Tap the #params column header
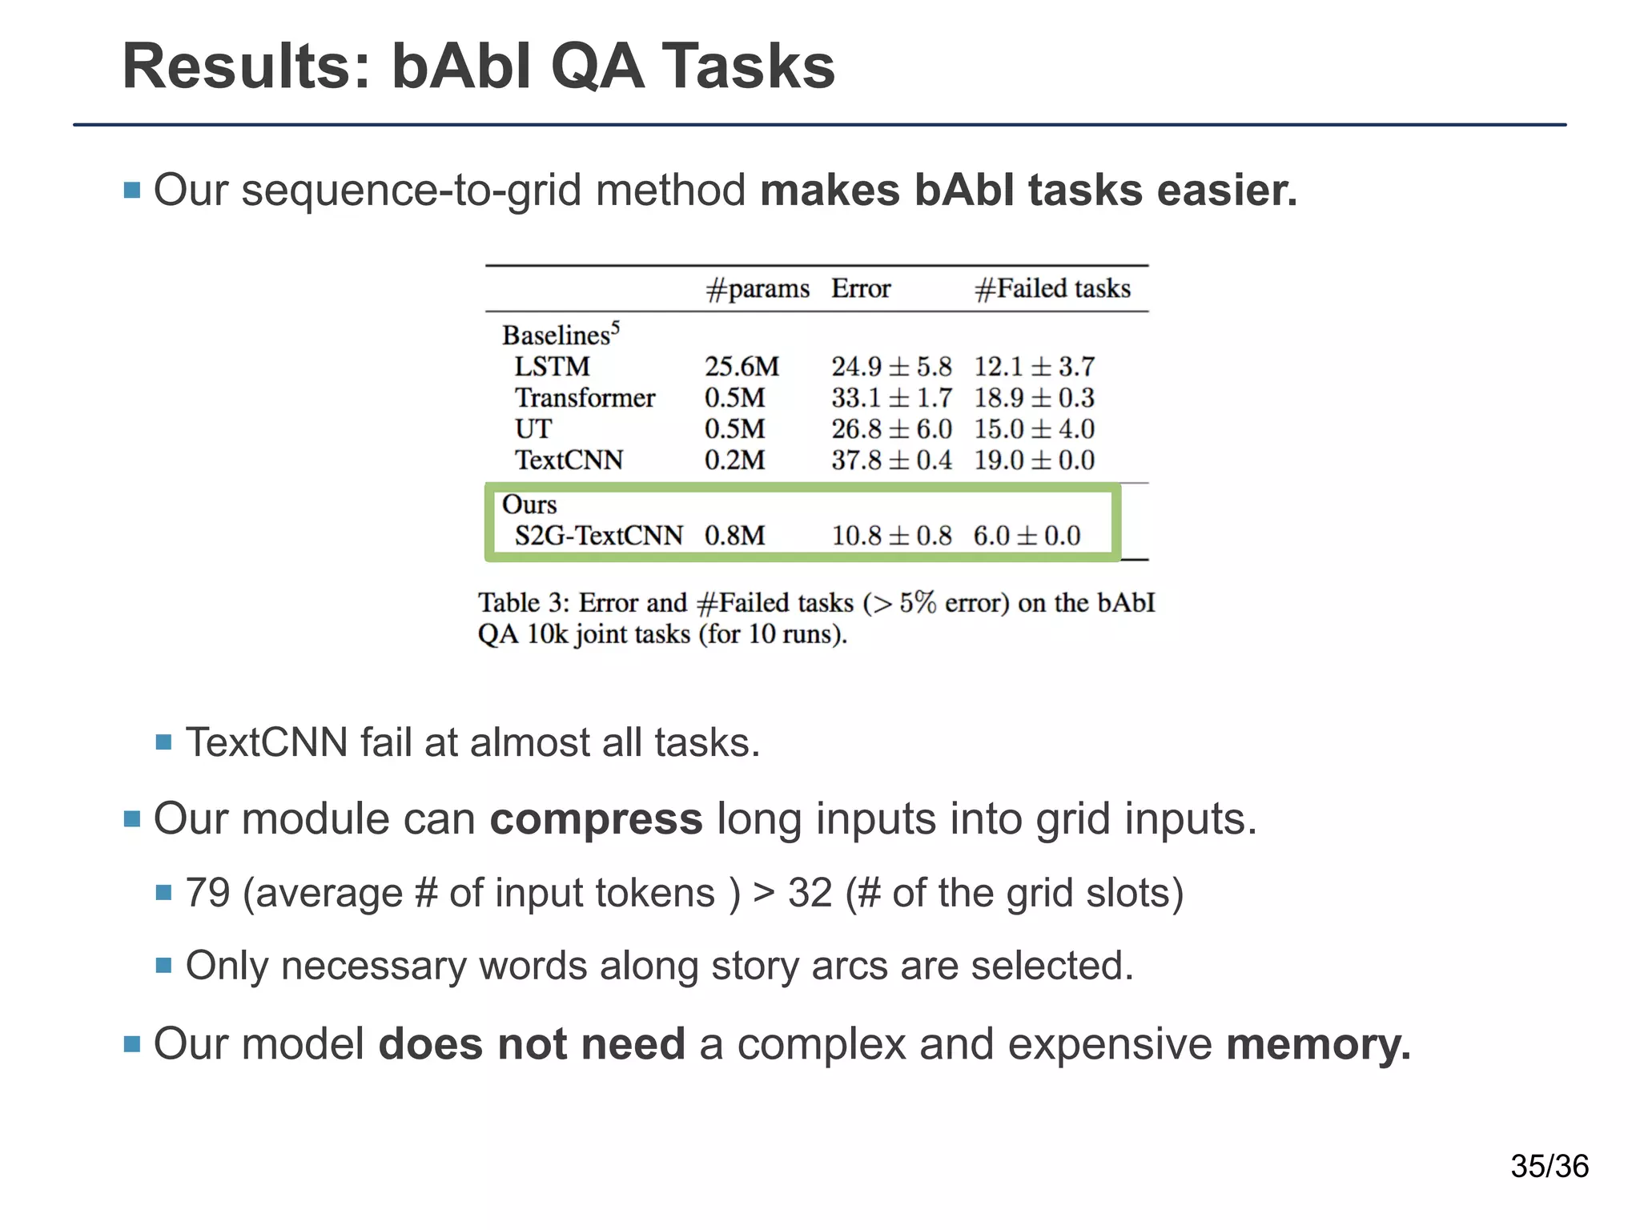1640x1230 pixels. [757, 288]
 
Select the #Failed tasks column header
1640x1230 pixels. [1052, 288]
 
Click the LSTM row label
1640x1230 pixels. [552, 367]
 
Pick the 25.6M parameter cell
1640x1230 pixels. [742, 367]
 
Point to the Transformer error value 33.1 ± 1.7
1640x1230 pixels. [891, 398]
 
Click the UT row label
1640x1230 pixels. [533, 429]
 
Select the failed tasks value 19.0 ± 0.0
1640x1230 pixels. [1034, 460]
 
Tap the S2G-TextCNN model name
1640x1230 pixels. [598, 536]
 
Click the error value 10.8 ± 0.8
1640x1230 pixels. [891, 536]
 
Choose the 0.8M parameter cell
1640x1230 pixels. [734, 536]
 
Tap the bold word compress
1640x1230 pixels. [596, 819]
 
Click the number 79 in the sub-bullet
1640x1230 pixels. [207, 893]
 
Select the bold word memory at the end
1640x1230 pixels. [1317, 1044]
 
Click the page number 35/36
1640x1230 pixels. [1549, 1166]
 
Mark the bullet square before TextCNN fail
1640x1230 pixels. [164, 742]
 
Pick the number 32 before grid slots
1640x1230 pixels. [810, 893]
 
